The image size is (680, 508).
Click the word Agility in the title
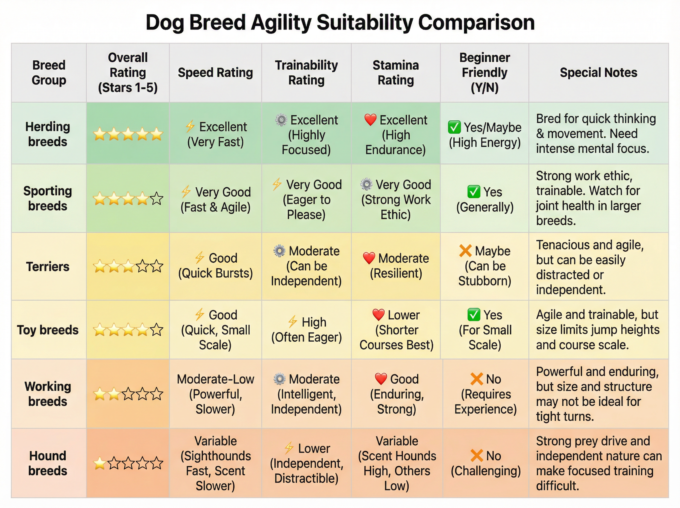281,23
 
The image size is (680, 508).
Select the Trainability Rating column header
306,73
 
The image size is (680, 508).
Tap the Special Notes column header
598,73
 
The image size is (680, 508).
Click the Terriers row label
48,266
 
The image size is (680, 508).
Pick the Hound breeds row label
48,463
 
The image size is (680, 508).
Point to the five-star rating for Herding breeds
128,134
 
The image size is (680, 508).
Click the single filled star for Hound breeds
99,463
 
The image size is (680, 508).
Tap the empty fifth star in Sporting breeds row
157,199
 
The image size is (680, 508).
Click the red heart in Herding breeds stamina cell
370,120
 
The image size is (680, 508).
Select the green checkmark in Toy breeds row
473,315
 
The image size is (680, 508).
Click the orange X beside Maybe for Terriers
465,251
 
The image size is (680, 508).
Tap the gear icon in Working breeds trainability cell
279,379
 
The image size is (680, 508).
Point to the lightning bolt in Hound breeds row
289,448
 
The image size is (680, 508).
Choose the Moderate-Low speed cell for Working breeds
215,394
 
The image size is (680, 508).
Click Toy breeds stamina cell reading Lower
396,330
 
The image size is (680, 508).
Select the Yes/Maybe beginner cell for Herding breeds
485,135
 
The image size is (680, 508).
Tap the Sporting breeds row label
48,198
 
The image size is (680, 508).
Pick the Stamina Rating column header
396,73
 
